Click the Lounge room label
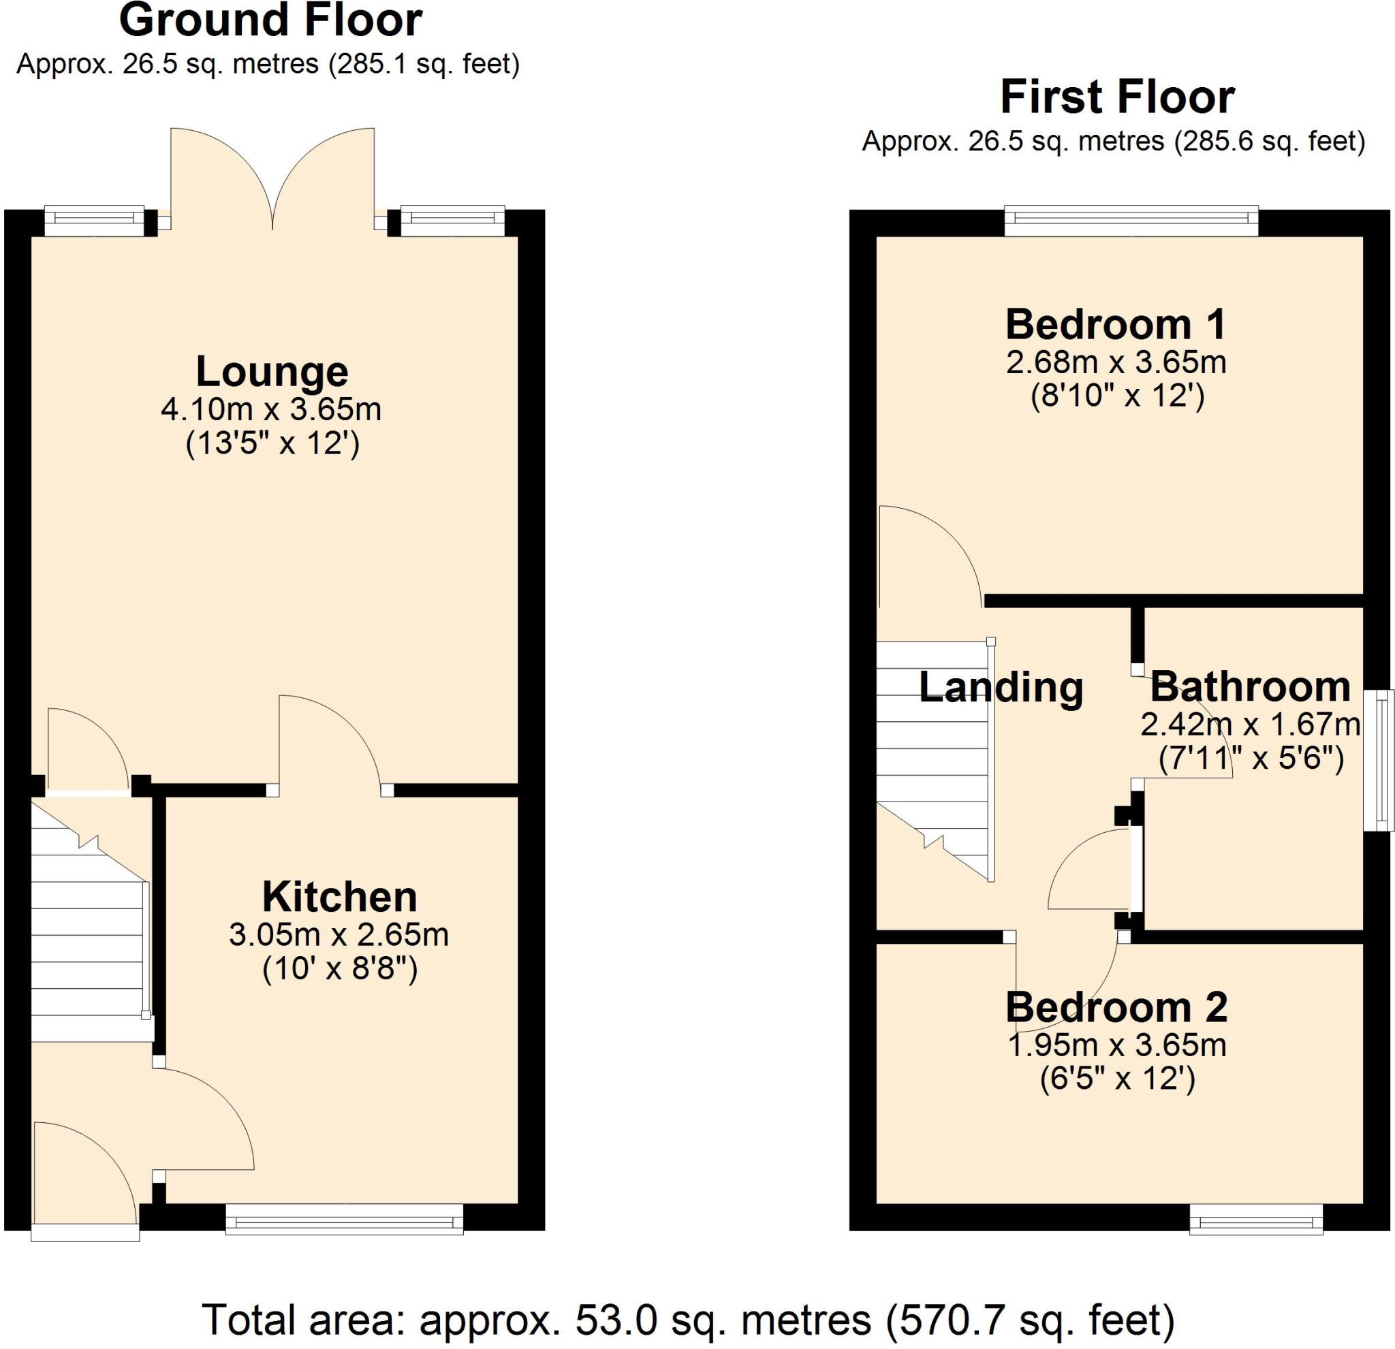pos(272,371)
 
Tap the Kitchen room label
pos(339,898)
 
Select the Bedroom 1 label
pos(1116,324)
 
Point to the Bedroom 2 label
pos(1116,1009)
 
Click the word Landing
pos(1001,687)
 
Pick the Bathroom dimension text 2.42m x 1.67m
pos(1251,725)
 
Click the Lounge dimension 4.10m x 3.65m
pos(271,410)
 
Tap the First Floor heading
pos(1116,97)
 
